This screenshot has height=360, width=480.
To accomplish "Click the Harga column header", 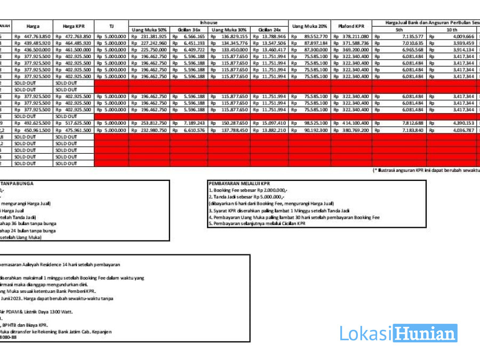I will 33,26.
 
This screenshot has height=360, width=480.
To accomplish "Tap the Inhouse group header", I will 208,23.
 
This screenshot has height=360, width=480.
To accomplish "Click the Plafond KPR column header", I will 351,26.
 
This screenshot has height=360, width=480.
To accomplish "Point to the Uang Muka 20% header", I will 309,26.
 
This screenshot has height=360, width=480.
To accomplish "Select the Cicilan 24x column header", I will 269,29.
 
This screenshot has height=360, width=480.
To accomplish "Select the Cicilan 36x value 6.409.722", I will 190,50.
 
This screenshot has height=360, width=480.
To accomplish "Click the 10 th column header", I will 451,29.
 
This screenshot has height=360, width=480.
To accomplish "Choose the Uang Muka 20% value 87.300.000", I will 313,50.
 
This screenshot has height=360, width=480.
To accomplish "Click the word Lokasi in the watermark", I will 366,333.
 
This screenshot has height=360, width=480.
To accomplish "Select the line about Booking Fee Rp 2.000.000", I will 249,190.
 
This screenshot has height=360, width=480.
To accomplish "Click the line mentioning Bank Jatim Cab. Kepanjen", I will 64,332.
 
